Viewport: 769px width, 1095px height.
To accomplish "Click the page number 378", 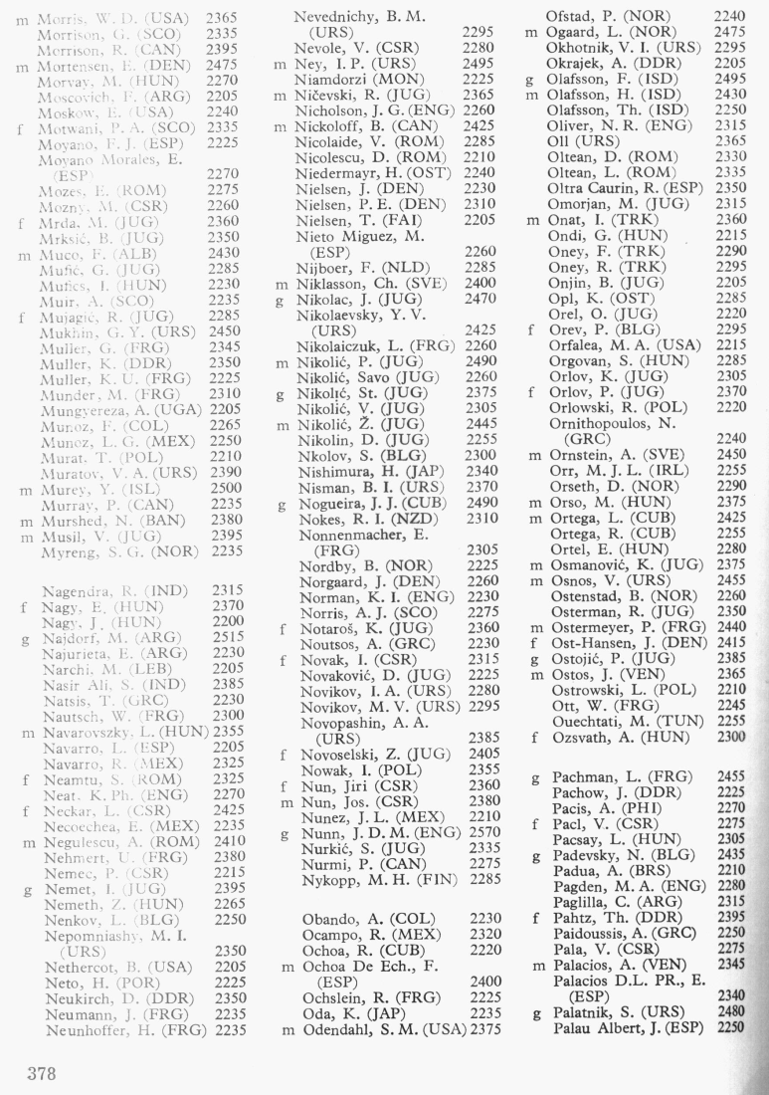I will tap(43, 1074).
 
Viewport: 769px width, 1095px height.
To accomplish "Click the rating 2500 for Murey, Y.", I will tap(226, 489).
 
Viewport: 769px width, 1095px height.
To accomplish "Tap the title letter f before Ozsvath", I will tap(534, 738).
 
